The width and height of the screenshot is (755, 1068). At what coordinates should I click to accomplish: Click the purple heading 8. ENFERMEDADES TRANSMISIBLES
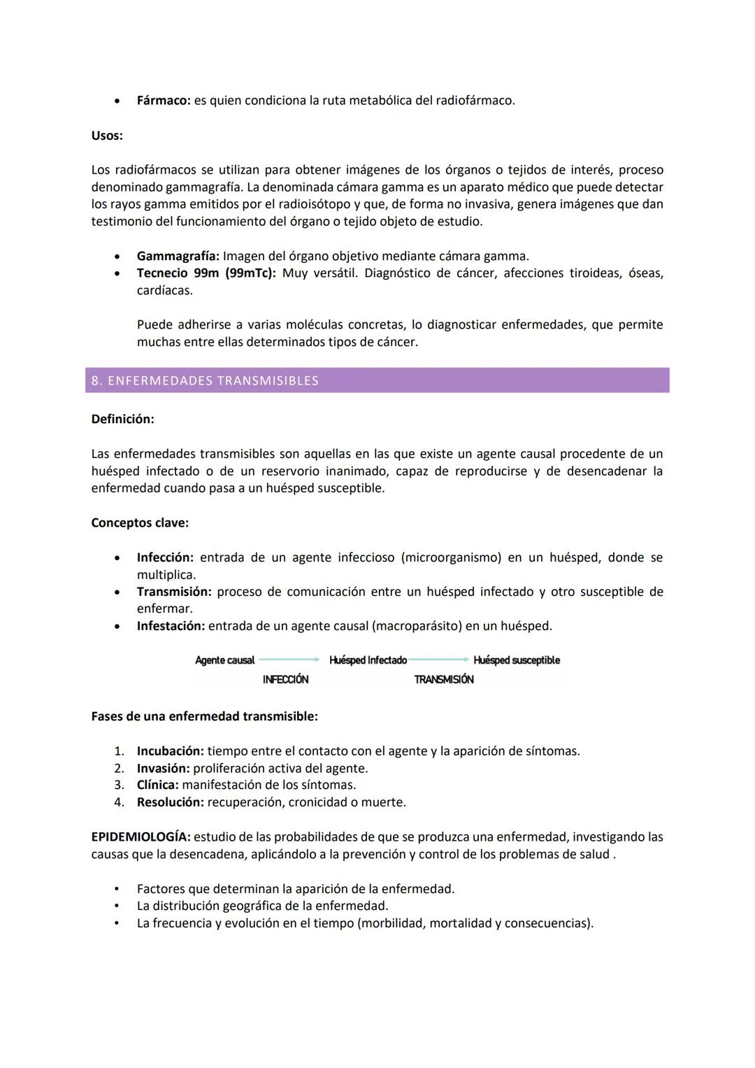coord(205,380)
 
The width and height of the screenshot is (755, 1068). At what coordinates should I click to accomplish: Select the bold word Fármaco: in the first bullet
coord(164,101)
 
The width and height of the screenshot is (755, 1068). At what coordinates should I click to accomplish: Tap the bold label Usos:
coord(107,136)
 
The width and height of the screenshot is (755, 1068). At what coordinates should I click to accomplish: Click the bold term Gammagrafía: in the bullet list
coord(178,256)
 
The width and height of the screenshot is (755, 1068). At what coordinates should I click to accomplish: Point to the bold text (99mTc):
coord(250,273)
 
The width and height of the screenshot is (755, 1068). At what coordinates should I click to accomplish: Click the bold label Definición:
coord(122,419)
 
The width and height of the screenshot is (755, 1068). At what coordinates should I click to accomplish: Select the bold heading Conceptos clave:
coord(140,523)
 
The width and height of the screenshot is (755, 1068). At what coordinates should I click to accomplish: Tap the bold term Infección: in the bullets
coord(165,557)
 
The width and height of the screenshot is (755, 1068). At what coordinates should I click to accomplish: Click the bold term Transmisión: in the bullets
coord(173,592)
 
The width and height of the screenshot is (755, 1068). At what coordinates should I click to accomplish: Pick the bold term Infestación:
coord(171,626)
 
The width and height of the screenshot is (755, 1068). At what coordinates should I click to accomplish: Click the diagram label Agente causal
coord(224,660)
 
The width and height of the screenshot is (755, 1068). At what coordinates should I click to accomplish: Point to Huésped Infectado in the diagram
coord(368,660)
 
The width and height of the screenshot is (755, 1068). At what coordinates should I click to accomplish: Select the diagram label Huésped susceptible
coord(517,660)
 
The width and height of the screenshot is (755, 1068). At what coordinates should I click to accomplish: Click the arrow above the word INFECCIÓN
coord(289,660)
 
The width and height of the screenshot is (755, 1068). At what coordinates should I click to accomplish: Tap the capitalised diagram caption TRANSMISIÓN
coord(443,680)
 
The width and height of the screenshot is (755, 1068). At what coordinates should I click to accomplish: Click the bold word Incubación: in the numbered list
coord(170,751)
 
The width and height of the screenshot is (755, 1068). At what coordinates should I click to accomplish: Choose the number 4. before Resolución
coord(119,802)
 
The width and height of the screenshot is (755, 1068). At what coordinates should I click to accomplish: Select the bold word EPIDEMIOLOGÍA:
coord(141,837)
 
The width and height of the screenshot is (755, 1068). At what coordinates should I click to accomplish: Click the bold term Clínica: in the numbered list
coord(157,785)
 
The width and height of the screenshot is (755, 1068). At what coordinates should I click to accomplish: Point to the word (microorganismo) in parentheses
coord(451,557)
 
